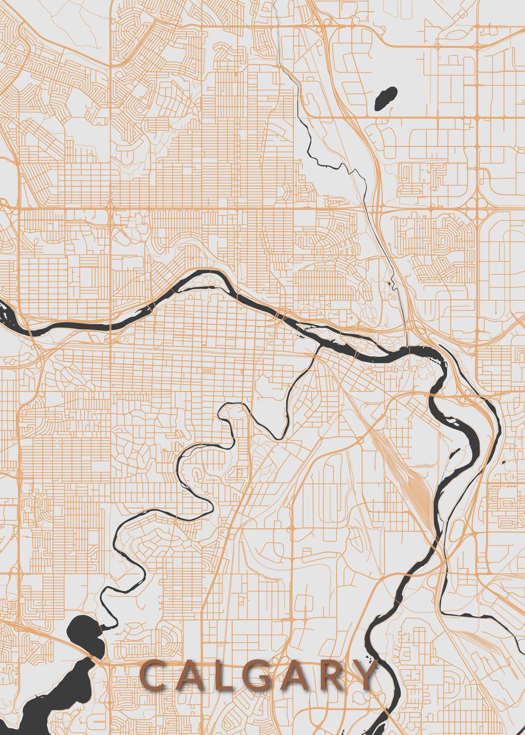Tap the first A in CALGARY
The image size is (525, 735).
pos(189,675)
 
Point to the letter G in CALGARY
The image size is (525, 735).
pos(258,675)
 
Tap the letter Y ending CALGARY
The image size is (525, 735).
pos(366,675)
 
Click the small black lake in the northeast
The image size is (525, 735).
pos(385,97)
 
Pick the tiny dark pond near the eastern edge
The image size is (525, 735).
pos(503,461)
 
